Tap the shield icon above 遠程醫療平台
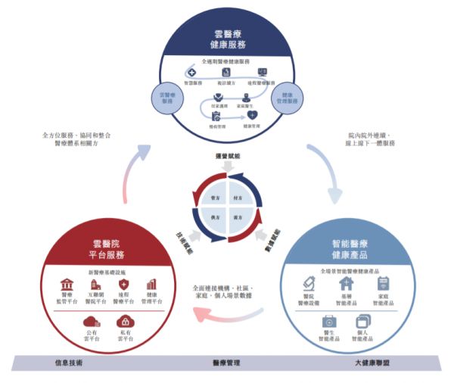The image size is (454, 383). click(123, 284)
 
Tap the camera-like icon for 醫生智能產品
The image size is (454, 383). click(331, 320)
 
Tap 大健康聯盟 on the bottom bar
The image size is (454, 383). click(373, 363)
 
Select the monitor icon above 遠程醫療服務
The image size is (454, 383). click(263, 73)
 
